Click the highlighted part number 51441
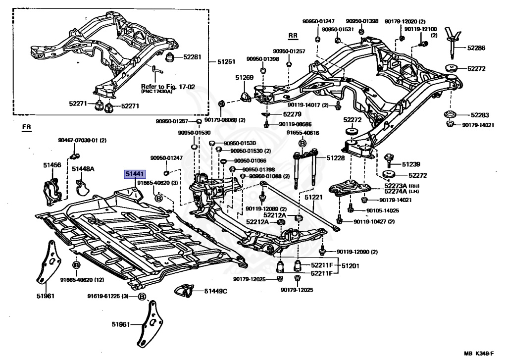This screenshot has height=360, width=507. pyautogui.click(x=135, y=175)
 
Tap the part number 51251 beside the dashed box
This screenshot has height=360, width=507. pyautogui.click(x=226, y=61)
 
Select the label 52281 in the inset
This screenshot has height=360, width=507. pyautogui.click(x=192, y=57)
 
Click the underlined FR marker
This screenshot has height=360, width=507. pyautogui.click(x=27, y=127)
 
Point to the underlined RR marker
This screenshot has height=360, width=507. pyautogui.click(x=293, y=36)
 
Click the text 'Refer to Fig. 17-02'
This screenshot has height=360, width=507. pyautogui.click(x=168, y=87)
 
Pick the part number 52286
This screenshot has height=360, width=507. pyautogui.click(x=476, y=48)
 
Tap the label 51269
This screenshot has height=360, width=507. pyautogui.click(x=245, y=78)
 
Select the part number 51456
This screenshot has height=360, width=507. pyautogui.click(x=52, y=165)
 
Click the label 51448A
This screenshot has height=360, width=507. pyautogui.click(x=83, y=169)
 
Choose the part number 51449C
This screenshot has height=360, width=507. pyautogui.click(x=216, y=292)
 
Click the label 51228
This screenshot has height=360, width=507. pyautogui.click(x=336, y=158)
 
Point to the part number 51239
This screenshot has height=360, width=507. pyautogui.click(x=411, y=164)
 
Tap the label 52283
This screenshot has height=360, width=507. pyautogui.click(x=480, y=115)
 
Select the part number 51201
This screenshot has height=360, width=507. pyautogui.click(x=351, y=266)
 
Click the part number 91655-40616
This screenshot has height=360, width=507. pyautogui.click(x=303, y=133)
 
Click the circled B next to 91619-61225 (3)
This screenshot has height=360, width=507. pyautogui.click(x=142, y=296)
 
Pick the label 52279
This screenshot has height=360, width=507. pyautogui.click(x=292, y=114)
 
